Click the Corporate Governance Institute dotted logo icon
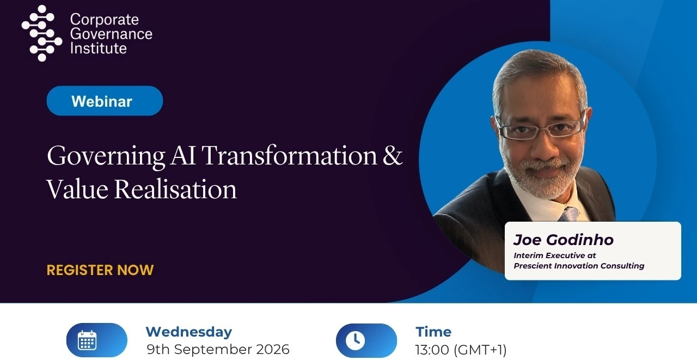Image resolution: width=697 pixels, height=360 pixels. tap(42, 33)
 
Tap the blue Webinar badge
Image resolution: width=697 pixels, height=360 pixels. tap(105, 101)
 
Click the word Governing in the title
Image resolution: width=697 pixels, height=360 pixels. tap(106, 156)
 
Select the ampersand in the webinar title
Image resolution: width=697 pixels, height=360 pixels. tap(393, 155)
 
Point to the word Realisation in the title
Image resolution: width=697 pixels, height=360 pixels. tap(175, 189)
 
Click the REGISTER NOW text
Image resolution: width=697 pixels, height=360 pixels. tap(100, 270)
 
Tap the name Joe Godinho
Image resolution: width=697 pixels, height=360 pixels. tap(563, 240)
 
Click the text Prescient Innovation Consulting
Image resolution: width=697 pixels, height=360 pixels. tap(579, 266)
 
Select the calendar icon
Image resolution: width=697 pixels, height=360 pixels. tap(87, 340)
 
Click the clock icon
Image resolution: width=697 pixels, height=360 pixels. tap(355, 340)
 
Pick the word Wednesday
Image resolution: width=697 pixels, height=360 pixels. tap(189, 332)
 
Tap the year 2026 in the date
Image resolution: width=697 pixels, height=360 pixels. tap(273, 350)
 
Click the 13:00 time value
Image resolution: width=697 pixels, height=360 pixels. tap(432, 350)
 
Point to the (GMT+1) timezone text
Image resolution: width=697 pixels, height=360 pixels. tap(480, 350)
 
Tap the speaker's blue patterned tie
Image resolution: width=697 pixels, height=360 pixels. tap(569, 214)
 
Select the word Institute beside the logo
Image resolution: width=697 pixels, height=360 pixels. tap(99, 48)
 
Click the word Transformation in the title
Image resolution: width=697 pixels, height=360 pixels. tap(290, 155)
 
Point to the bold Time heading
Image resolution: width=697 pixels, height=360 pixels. tap(433, 332)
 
